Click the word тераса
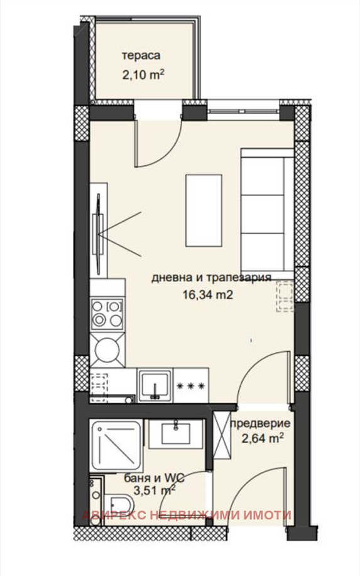coord(141,56)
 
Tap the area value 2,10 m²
coord(143,75)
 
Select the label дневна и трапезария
coord(211,278)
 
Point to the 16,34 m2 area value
coord(208,295)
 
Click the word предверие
coord(260,423)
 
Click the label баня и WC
coord(154,478)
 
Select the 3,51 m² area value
coord(155,491)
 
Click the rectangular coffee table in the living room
coord(204,210)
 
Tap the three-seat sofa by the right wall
coord(267,214)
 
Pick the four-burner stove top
coord(107,313)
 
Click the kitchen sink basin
coord(155,385)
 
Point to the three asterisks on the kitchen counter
coord(190,386)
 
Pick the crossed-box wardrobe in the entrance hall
coord(222,435)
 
